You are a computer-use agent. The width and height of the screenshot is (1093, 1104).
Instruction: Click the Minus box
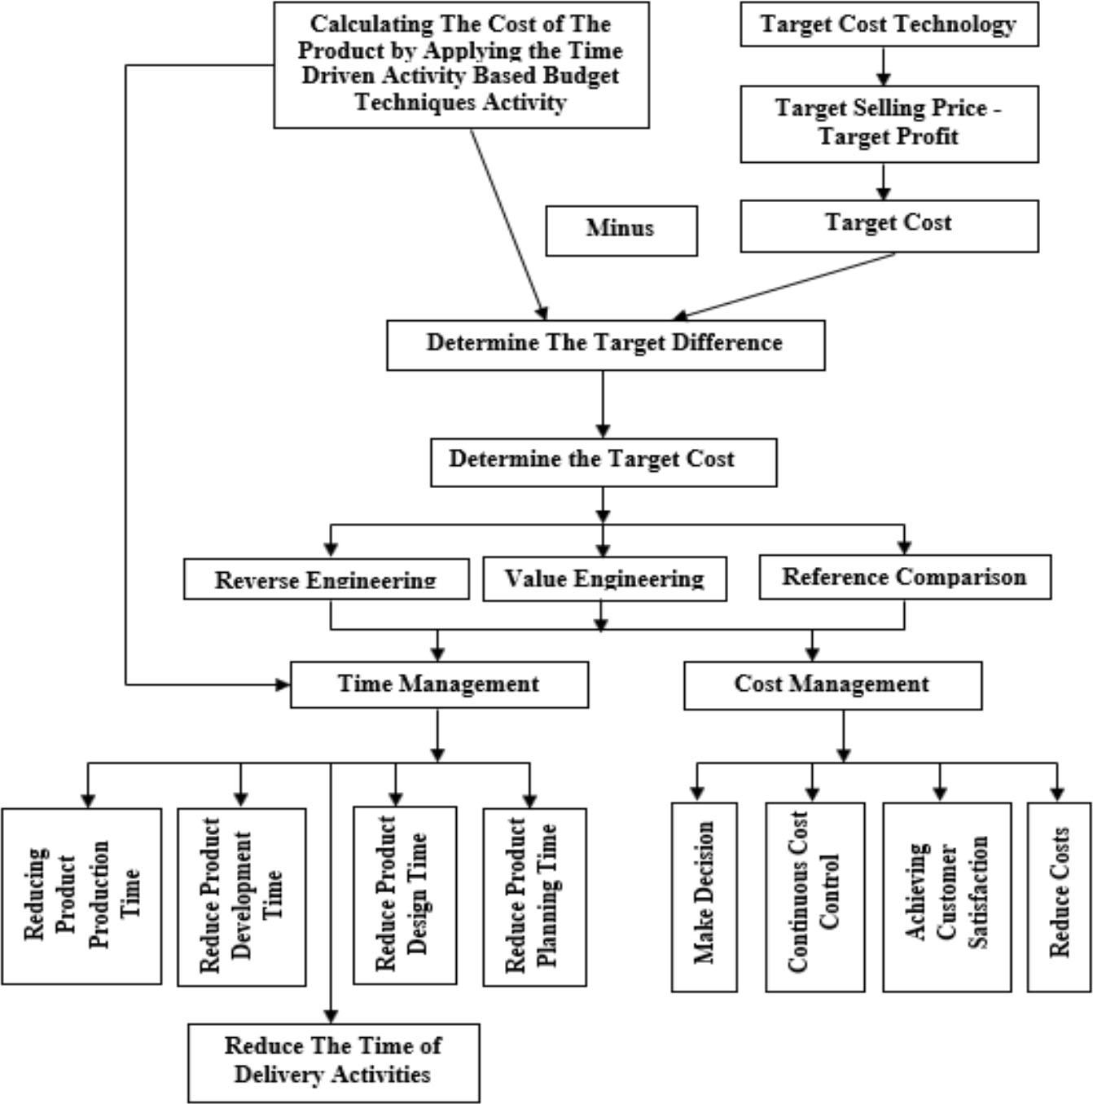(621, 231)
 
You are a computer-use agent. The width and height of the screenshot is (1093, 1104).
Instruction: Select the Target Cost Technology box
(889, 24)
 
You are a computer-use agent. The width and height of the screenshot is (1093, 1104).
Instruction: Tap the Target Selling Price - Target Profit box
(889, 123)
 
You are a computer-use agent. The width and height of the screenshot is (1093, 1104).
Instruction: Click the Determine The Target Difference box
(605, 345)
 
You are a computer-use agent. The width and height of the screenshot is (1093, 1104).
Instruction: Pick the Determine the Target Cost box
(603, 462)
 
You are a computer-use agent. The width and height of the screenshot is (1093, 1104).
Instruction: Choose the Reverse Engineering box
(326, 579)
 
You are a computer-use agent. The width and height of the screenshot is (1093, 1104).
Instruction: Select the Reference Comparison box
(904, 577)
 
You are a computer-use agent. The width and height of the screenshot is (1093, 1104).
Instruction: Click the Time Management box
(439, 684)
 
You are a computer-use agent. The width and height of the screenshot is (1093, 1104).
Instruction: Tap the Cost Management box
(832, 684)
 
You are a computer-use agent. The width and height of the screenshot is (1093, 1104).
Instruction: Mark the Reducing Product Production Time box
(81, 895)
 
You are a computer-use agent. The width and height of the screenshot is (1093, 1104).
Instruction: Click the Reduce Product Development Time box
(241, 896)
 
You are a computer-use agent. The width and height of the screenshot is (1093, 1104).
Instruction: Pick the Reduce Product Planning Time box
(533, 896)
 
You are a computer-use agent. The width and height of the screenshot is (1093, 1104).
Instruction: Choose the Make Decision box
(704, 896)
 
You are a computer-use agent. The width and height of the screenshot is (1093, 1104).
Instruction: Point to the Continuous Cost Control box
(814, 896)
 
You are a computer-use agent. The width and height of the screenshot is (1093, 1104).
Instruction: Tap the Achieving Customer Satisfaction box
(946, 896)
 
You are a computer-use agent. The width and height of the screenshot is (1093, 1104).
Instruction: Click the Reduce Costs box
(1058, 896)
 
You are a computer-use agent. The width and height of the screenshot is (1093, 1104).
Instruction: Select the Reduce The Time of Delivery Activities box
(333, 1062)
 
